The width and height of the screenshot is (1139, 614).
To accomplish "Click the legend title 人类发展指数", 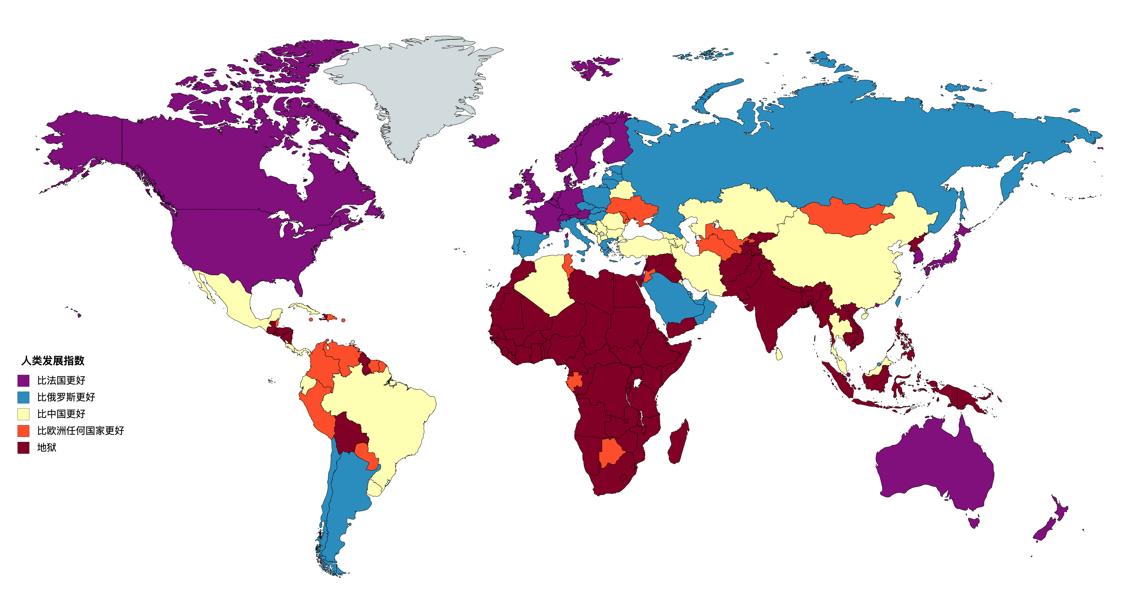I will coord(53,360).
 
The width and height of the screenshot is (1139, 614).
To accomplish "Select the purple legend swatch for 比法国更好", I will coord(23,380).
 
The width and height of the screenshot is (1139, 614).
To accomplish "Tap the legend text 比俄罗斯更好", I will coord(66,397).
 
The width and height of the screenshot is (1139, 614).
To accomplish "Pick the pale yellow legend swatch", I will coord(23,414).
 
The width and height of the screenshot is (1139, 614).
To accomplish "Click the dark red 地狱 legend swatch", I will coord(23,448).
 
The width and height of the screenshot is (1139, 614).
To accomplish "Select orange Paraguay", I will coord(367,453).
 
